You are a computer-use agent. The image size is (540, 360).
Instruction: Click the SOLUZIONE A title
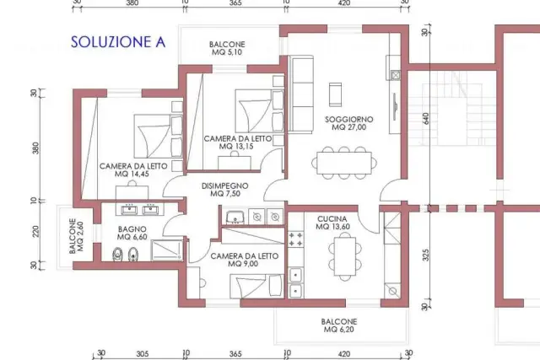(x=118, y=41)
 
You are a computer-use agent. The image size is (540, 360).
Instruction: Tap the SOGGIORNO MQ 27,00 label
(x=348, y=123)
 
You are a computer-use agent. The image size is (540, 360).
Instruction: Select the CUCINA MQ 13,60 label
(x=332, y=223)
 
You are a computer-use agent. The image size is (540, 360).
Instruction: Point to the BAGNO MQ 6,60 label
(x=132, y=233)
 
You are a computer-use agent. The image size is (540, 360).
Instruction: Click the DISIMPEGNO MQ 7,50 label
(x=225, y=190)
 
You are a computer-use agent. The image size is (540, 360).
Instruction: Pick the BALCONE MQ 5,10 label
(x=227, y=48)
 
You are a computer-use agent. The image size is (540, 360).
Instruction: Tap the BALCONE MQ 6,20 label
(x=339, y=325)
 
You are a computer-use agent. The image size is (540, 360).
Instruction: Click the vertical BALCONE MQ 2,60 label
(x=77, y=236)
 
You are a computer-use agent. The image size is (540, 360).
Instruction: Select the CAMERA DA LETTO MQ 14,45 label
(x=133, y=170)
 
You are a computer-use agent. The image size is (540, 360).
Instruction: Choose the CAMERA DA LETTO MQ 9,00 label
(x=244, y=260)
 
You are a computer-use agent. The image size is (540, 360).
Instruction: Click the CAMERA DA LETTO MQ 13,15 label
(x=238, y=142)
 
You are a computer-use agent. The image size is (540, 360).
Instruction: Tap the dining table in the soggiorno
(x=344, y=163)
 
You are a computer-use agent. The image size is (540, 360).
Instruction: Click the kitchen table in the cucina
(x=345, y=256)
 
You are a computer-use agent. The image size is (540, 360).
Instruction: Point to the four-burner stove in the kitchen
(x=296, y=239)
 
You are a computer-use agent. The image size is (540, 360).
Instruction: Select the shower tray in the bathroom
(x=166, y=250)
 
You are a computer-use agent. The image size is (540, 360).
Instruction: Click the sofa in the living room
(x=300, y=94)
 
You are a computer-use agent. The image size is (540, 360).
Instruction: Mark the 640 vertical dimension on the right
(x=426, y=119)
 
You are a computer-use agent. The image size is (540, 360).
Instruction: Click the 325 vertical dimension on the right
(x=426, y=255)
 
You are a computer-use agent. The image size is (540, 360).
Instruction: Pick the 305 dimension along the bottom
(x=143, y=354)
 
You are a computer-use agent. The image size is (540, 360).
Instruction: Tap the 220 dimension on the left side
(x=35, y=231)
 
